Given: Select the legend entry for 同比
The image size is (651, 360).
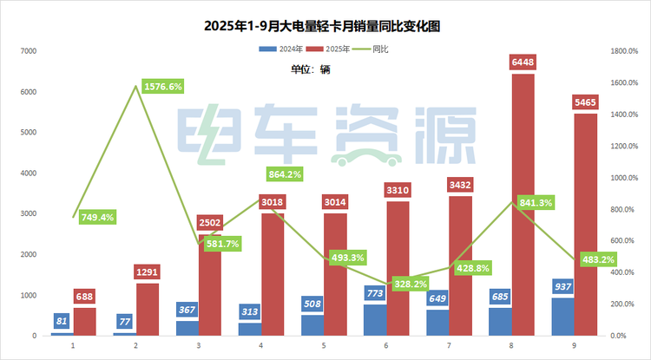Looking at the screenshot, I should coord(373,49).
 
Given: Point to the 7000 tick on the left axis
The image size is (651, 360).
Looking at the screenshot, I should coord(28,51).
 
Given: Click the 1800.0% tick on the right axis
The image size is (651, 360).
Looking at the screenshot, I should coord(624,51).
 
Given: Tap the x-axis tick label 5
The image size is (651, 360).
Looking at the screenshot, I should coord(323,345).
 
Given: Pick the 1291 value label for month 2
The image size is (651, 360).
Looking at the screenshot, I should coord(148,272).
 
